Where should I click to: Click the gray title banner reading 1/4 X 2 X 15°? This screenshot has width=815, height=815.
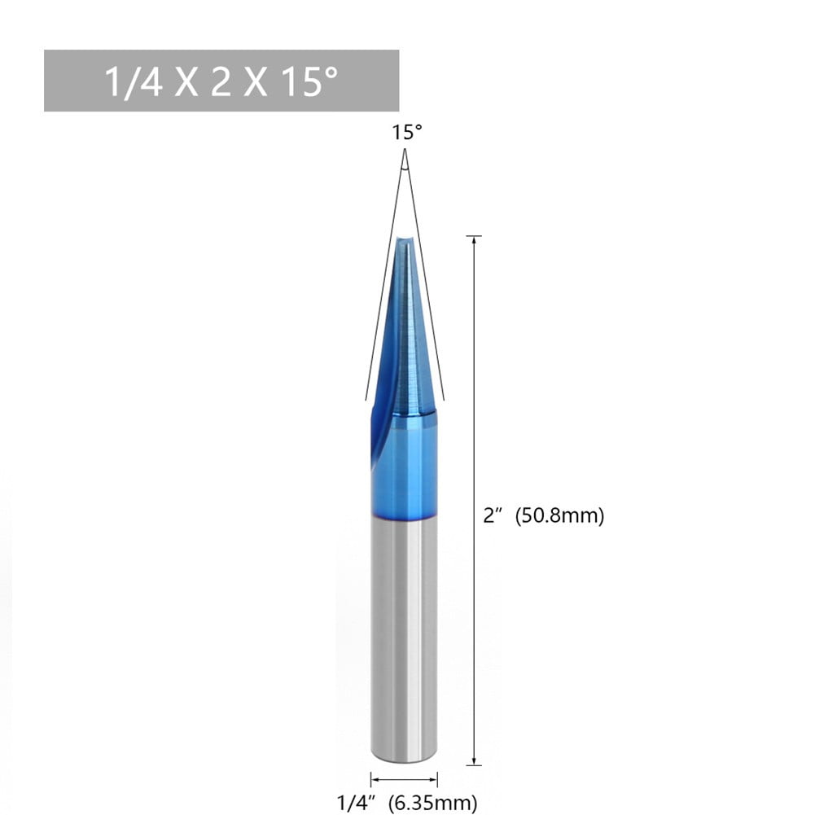coord(221,81)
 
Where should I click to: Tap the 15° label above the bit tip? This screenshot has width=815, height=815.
coord(407,133)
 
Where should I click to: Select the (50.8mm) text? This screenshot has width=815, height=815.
coord(560,516)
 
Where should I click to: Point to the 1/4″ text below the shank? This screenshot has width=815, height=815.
coord(356,802)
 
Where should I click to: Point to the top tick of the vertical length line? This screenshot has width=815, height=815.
coord(474,236)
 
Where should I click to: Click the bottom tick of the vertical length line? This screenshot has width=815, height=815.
coord(474,765)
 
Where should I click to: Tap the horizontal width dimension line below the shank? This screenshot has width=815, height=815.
coord(404,779)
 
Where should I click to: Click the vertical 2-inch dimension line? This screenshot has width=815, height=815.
coord(474,407)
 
